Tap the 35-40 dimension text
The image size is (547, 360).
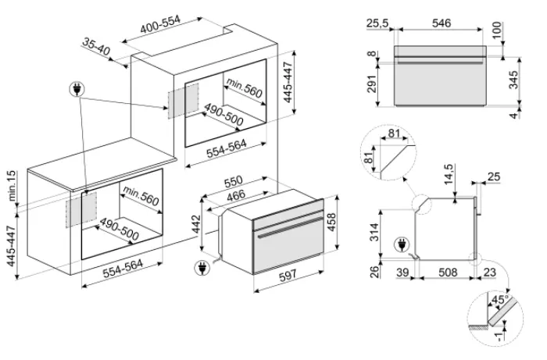pos(96,47)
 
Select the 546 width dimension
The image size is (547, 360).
pos(442,23)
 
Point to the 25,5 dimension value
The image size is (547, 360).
pos(377,23)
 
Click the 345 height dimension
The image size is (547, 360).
pos(513,80)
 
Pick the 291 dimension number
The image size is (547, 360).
pos(372,84)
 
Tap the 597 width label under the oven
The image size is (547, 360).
pos(288,275)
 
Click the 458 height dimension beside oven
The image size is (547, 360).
pos(331,222)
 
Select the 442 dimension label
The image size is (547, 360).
pos(196,224)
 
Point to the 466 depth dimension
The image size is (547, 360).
pos(236,195)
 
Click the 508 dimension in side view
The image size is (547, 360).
pos(448,272)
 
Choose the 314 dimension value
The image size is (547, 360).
pos(374,232)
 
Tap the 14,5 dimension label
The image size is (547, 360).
pos(449,174)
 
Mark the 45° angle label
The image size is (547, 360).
pos(499,299)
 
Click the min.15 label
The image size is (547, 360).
pos(12,186)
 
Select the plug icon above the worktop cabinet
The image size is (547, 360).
pos(77,90)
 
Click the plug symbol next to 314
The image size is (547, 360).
pos(402,244)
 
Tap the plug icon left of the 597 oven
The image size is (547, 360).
pos(202,268)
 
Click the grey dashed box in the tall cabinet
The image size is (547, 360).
pos(184,101)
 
